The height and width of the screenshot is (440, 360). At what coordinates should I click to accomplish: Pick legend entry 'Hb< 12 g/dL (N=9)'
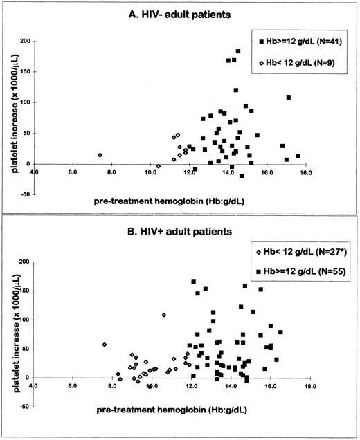(300, 64)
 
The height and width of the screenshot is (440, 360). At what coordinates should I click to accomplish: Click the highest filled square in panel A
(238, 51)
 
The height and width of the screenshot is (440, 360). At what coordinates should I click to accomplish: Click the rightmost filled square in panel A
(298, 156)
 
